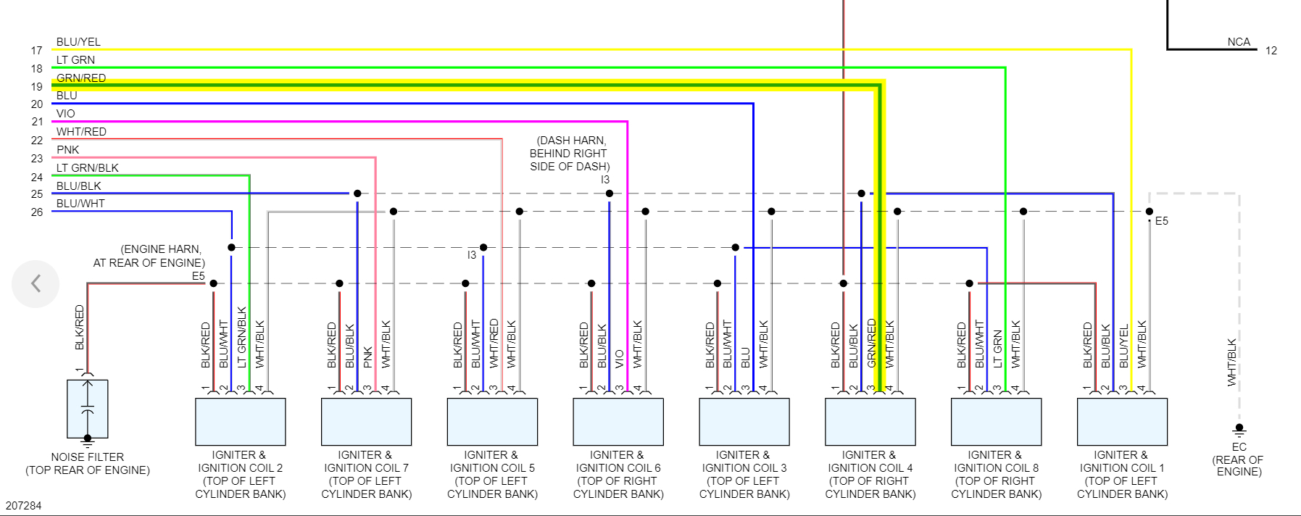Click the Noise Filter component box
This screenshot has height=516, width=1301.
tap(88, 409)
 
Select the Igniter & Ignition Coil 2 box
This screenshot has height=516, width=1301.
tap(240, 422)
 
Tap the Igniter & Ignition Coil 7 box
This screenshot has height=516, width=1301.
tap(366, 422)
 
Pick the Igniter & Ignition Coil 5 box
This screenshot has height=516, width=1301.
tap(492, 422)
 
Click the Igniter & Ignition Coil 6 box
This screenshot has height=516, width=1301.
tap(618, 422)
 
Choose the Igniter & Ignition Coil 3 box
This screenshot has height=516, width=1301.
tap(744, 422)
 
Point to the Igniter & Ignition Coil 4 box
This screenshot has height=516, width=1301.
tap(870, 422)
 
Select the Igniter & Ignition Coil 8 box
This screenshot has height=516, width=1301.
tap(996, 422)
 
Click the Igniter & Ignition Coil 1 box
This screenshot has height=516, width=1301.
tap(1122, 422)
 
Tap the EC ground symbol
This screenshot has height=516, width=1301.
tap(1239, 429)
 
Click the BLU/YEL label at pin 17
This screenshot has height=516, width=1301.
tap(78, 42)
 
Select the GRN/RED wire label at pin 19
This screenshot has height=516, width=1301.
tap(81, 78)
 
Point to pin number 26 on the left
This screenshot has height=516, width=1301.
tap(37, 212)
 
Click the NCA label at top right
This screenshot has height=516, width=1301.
tap(1239, 42)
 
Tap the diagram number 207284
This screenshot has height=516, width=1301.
tap(24, 506)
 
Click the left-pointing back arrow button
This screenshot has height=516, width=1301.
tap(36, 283)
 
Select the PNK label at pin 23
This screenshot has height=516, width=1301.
tap(68, 150)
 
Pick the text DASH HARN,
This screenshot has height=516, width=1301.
tap(571, 141)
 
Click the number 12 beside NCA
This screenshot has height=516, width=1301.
tap(1271, 51)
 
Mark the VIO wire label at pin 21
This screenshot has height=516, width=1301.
tap(66, 114)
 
